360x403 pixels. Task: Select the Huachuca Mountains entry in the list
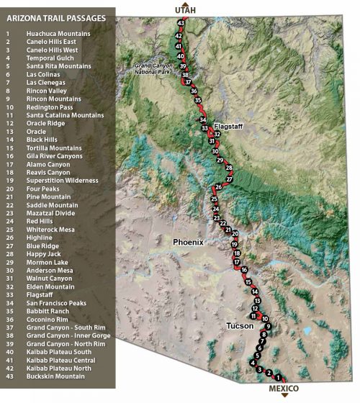tap(58, 33)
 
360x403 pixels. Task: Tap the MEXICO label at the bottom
tap(283, 389)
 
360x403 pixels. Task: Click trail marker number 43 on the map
tap(181, 24)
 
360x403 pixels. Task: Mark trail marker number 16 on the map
tap(245, 270)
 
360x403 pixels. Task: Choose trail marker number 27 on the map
tap(230, 178)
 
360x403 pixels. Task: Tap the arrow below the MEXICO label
tap(284, 397)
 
